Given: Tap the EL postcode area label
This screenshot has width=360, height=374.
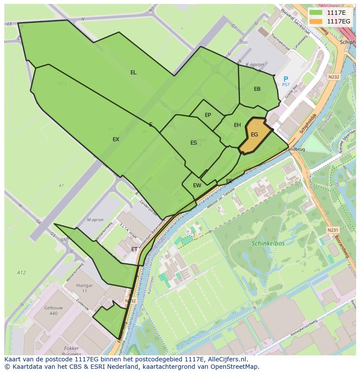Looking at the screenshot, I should (133, 73).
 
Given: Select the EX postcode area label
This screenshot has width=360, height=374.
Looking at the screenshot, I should (116, 139).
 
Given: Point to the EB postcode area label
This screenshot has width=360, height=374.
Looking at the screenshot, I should (257, 89).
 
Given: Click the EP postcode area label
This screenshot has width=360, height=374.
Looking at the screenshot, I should (208, 115).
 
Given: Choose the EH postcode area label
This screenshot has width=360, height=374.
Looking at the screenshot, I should (237, 125).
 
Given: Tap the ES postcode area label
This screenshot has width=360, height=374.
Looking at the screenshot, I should (193, 143).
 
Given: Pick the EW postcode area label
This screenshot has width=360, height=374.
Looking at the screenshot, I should (197, 185).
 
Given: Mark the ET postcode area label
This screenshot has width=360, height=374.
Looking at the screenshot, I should (134, 249).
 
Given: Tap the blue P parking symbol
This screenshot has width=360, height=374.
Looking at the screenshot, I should (286, 79).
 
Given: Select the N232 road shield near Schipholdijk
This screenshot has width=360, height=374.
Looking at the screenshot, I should (333, 77).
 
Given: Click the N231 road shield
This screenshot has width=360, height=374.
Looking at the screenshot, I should (332, 230).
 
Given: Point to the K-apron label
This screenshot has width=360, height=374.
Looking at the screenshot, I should (255, 65).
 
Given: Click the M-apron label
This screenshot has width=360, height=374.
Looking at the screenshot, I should (95, 220).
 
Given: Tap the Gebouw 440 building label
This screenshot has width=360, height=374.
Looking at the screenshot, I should (53, 311).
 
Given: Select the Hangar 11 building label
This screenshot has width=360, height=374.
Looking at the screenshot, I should (84, 288).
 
